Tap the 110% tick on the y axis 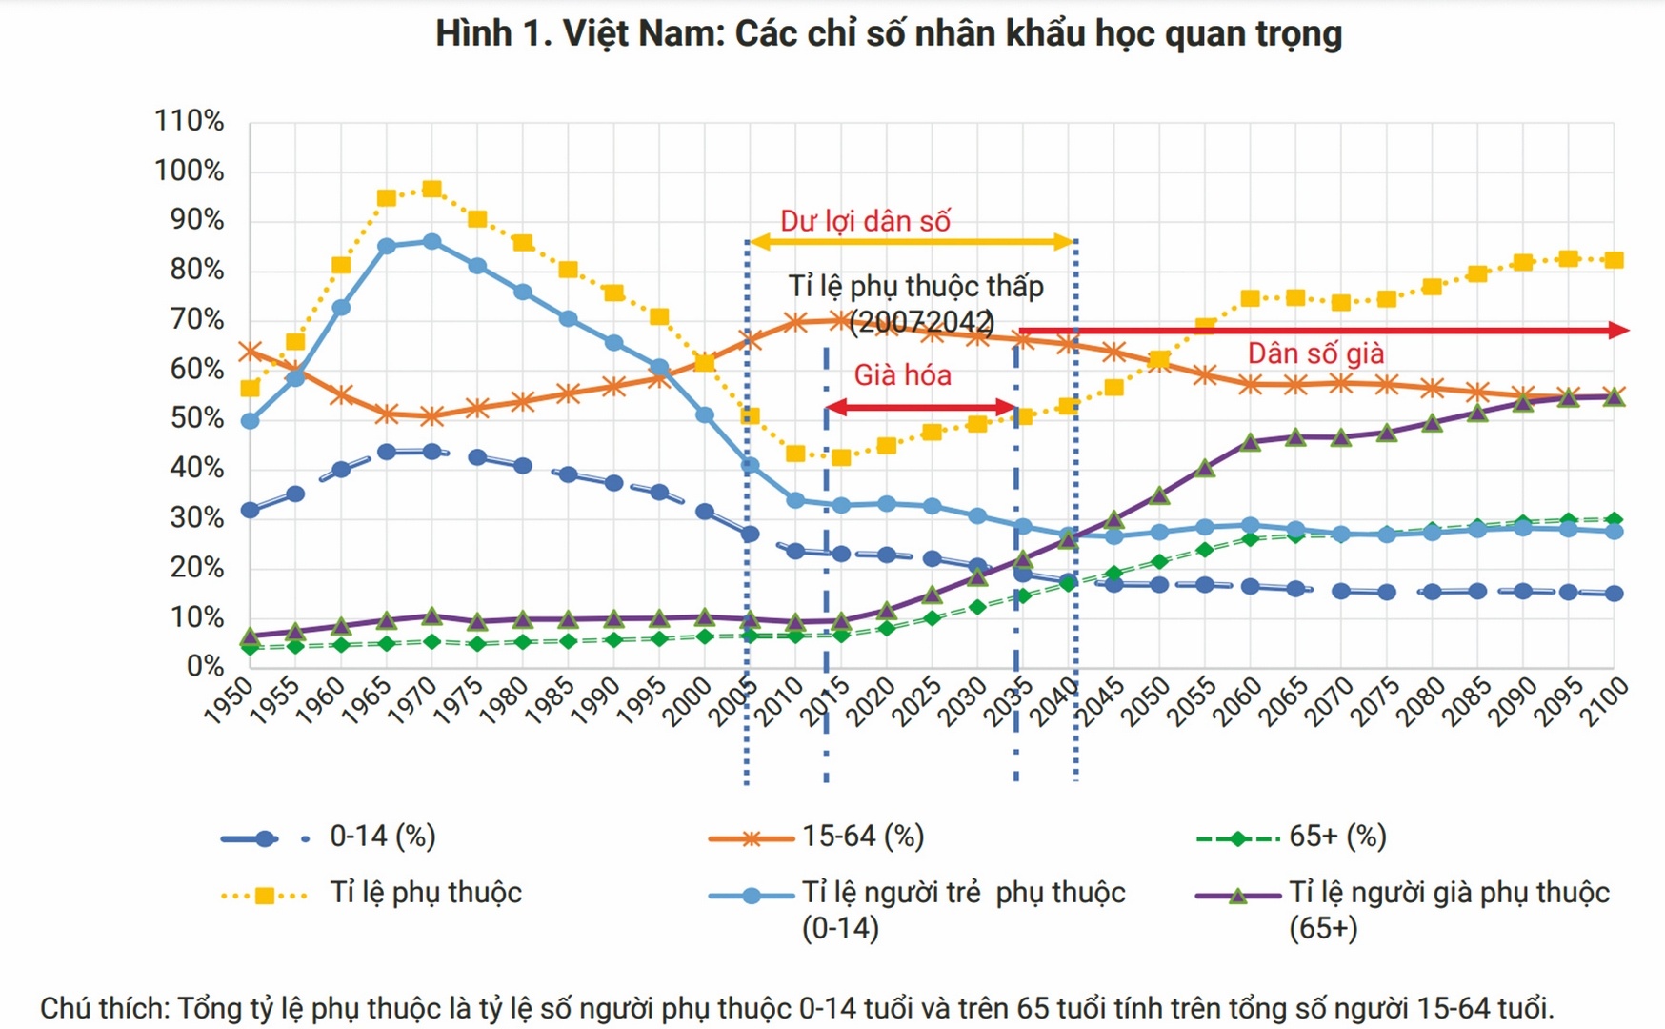point(189,121)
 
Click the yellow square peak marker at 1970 point(431,189)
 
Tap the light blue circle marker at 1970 point(431,241)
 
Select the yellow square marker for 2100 point(1614,260)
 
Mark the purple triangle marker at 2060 point(1251,442)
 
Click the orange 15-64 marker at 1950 point(250,352)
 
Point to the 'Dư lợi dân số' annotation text point(865,221)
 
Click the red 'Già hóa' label point(902,375)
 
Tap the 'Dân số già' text point(1315,353)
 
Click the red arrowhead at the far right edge point(1618,331)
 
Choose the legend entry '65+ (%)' point(1336,837)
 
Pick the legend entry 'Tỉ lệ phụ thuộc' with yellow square point(425,893)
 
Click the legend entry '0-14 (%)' point(382,837)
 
